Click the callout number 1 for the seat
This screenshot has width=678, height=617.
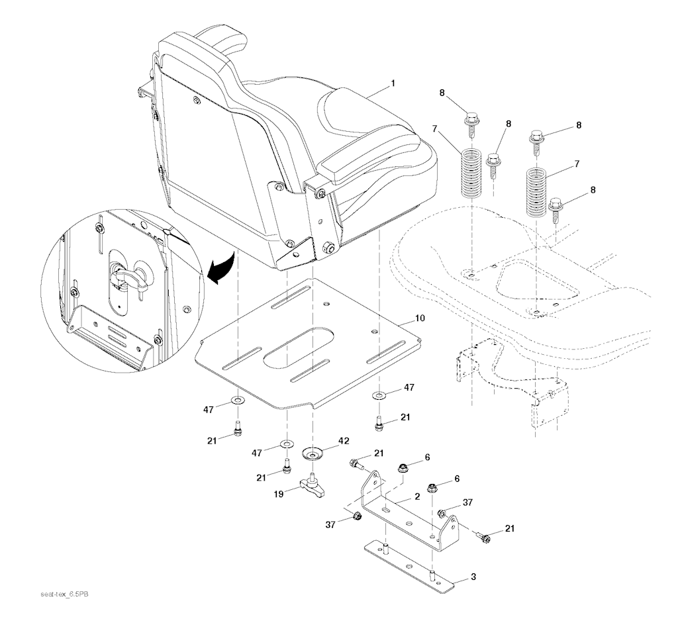393,83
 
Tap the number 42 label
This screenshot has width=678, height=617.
344,440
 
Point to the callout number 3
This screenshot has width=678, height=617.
473,577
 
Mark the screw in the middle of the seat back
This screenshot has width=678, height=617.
197,100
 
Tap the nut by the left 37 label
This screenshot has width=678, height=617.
356,516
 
